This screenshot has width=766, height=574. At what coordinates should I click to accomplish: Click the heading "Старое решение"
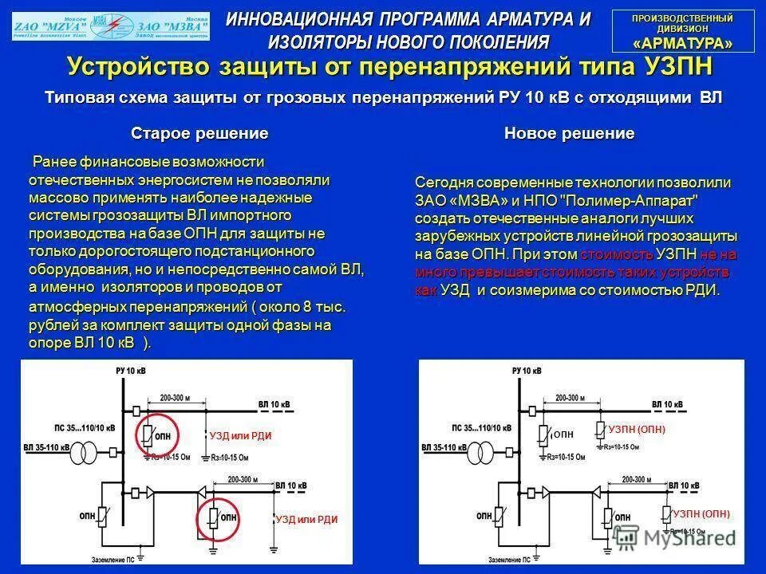(199, 132)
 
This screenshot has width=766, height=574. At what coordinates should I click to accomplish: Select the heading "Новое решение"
(570, 133)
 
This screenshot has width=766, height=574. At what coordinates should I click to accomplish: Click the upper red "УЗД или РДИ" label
(240, 436)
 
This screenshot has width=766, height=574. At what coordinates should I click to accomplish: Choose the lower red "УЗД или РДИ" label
(306, 519)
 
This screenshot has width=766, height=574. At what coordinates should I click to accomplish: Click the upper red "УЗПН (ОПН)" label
(636, 430)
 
